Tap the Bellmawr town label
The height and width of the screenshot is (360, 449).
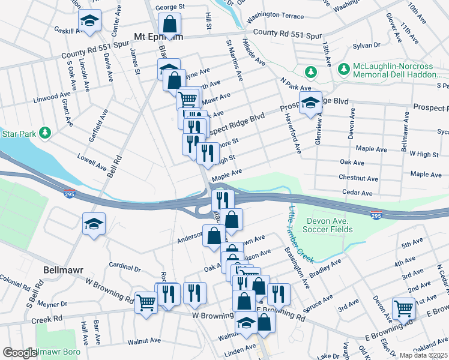tap(63, 270)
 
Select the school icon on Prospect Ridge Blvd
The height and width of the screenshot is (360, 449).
tap(310, 103)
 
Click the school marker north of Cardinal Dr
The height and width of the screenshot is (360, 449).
tap(94, 224)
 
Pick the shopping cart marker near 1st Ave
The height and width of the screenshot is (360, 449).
tap(404, 309)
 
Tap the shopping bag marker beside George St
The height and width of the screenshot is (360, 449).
tap(170, 25)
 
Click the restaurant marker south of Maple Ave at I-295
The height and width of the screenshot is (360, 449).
tap(222, 200)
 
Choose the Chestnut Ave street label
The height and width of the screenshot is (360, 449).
tap(358, 178)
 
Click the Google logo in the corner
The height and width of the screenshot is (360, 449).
tap(19, 353)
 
